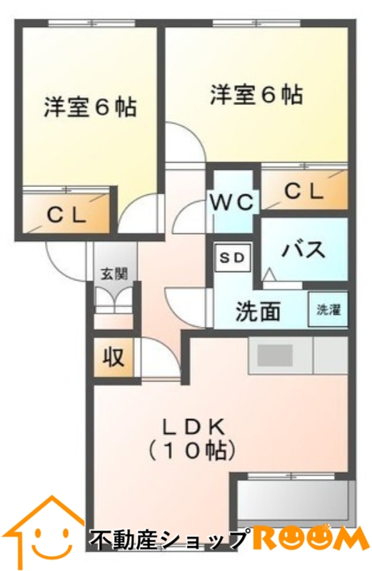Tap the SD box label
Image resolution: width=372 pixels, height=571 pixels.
click(231, 256)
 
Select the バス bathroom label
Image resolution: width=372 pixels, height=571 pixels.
click(303, 249)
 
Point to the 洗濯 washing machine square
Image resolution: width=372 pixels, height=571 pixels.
click(329, 310)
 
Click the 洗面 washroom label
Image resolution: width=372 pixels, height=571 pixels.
click(258, 311)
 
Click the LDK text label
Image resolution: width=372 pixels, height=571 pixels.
click(192, 427)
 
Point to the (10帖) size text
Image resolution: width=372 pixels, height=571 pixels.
click(192, 450)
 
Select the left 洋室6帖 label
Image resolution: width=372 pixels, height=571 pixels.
click(90, 107)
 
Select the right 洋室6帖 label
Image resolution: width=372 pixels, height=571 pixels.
click(256, 95)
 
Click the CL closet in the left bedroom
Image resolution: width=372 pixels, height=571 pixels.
click(67, 214)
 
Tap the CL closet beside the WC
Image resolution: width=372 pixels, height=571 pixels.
click(303, 191)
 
